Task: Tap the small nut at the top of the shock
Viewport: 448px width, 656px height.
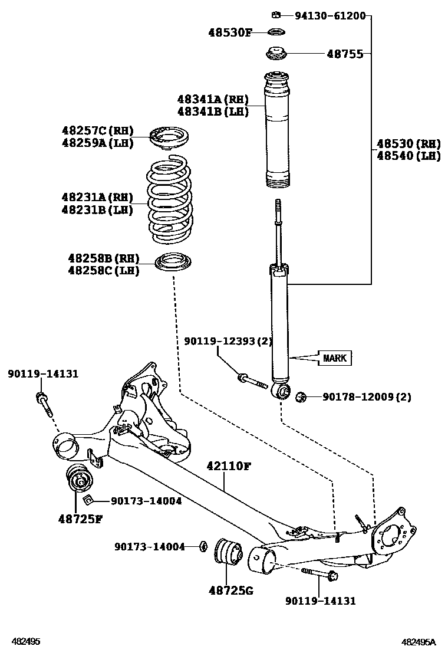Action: (x=275, y=14)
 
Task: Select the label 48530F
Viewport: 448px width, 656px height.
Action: (x=229, y=32)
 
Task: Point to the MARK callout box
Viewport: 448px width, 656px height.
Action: (x=335, y=357)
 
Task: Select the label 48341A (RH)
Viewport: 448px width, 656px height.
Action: (x=213, y=99)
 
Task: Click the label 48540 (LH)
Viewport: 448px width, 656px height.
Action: (x=409, y=156)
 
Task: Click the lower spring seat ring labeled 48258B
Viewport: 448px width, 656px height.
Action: (x=173, y=263)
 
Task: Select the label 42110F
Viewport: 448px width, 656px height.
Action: (x=228, y=467)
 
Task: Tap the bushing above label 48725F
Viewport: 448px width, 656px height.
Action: (x=78, y=478)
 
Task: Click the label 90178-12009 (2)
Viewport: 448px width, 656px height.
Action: (x=367, y=396)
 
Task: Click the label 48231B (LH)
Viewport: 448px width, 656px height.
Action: (x=97, y=209)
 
